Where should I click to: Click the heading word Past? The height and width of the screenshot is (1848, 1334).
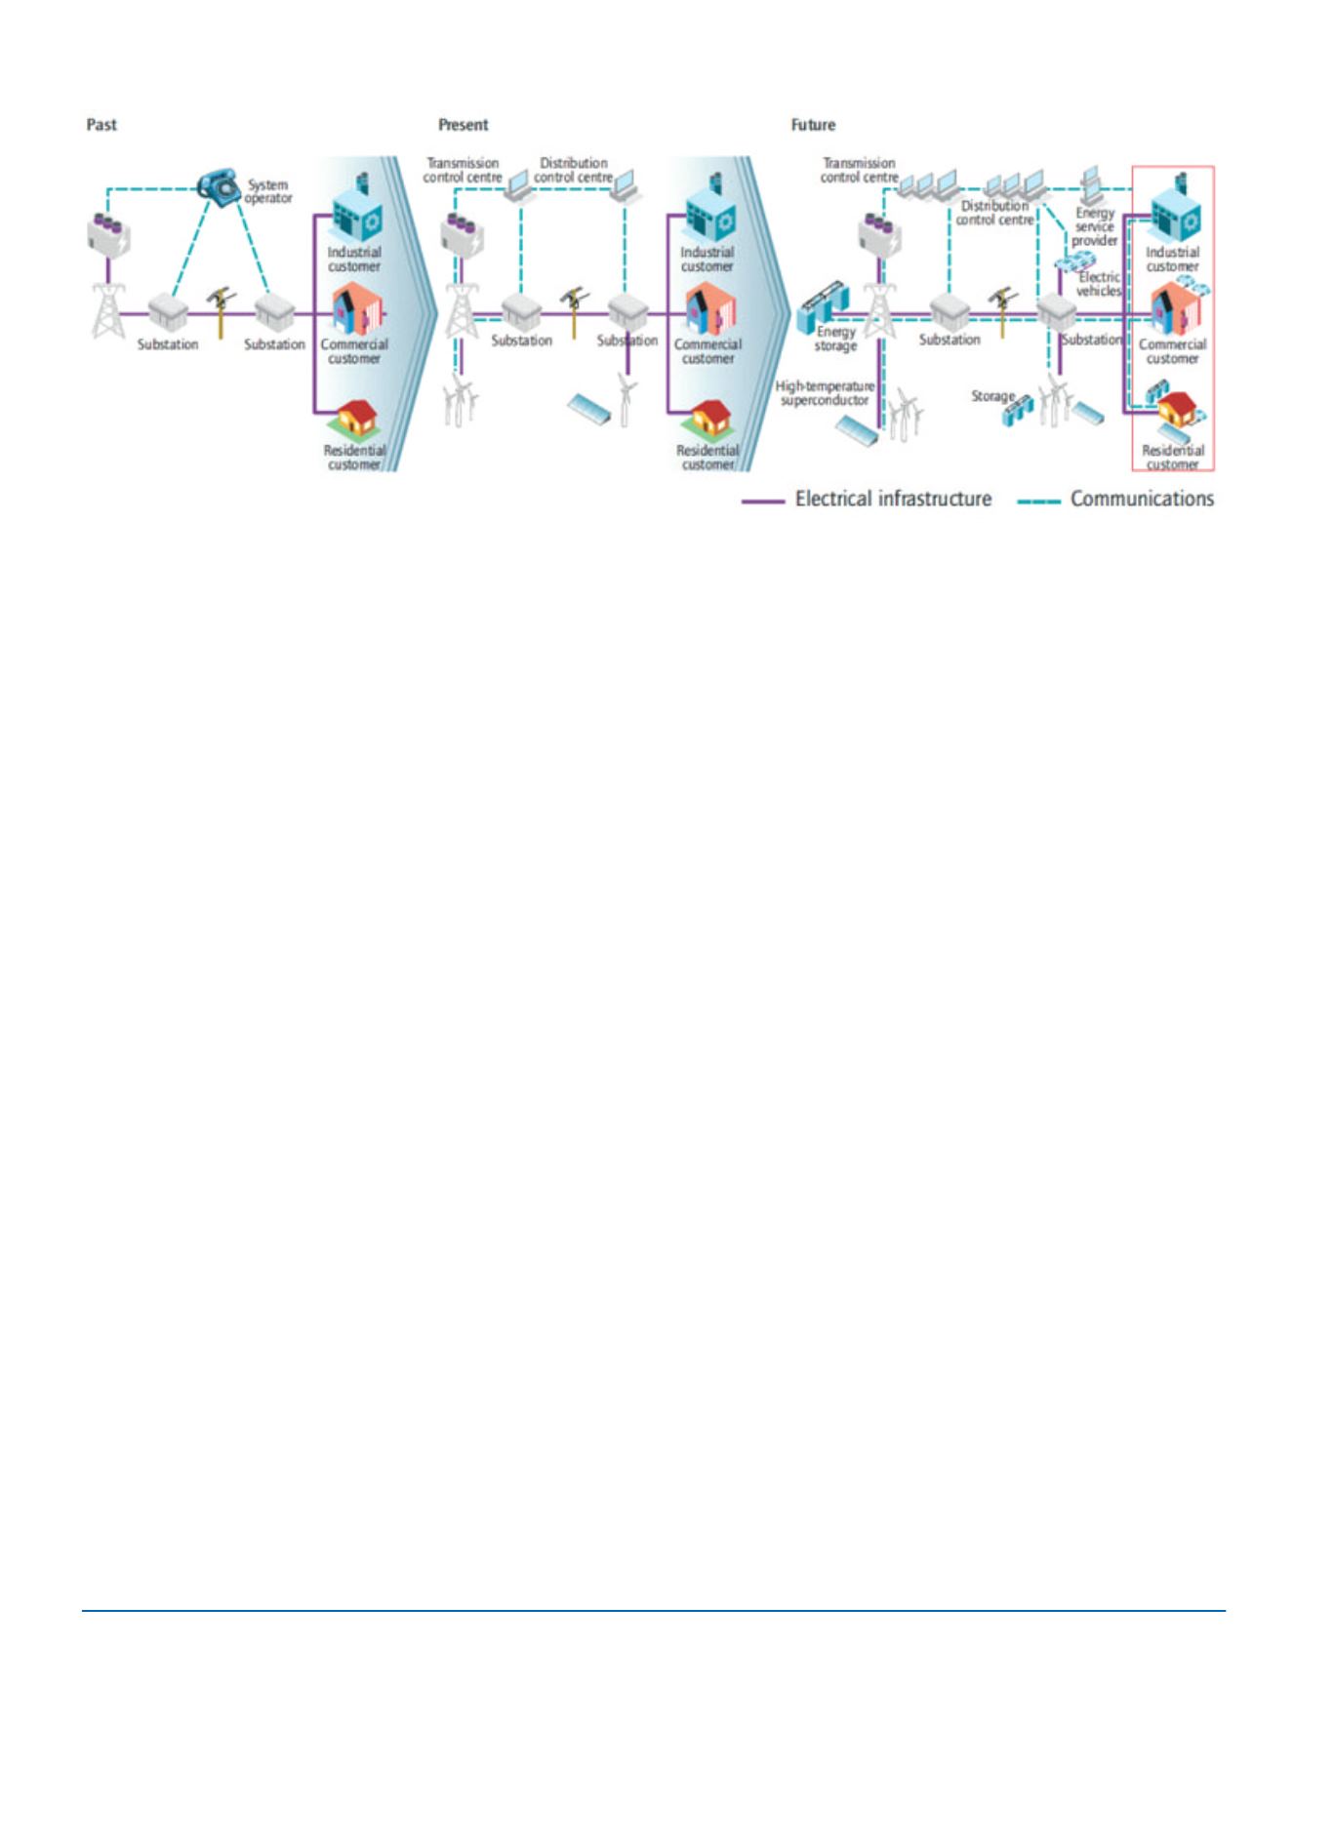pos(101,125)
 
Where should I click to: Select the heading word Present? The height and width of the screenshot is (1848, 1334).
pos(463,125)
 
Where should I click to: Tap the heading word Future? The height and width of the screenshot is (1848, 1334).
pos(813,125)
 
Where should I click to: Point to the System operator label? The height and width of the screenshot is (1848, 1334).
pos(268,191)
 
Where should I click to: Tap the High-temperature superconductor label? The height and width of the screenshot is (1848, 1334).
pos(825,393)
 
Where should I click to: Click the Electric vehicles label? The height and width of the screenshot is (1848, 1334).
pos(1099,284)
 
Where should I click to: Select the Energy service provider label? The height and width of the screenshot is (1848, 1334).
pos(1095,226)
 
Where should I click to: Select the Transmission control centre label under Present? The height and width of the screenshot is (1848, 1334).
pos(463,171)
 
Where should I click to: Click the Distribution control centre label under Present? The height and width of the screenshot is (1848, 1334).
pos(574,171)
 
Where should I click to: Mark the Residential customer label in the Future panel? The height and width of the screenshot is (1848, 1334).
pos(1172,458)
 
